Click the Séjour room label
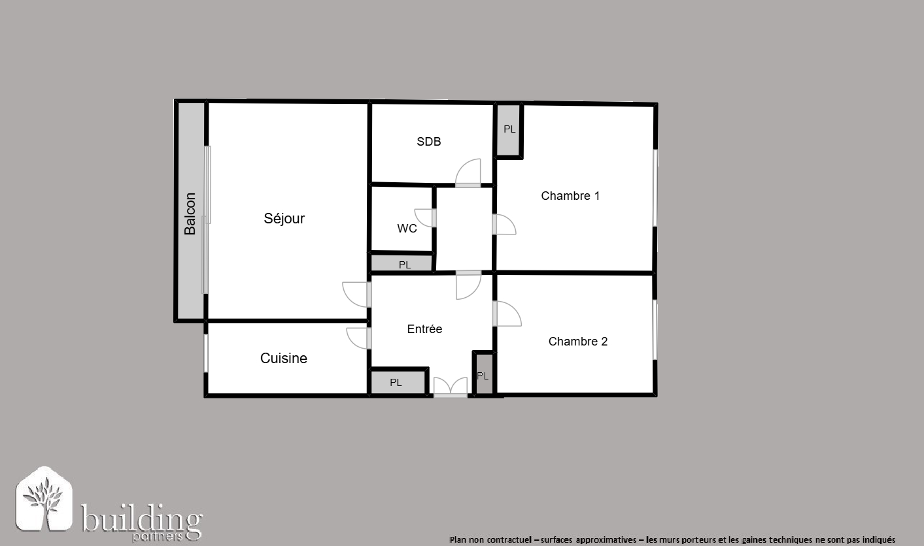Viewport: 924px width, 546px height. click(x=284, y=218)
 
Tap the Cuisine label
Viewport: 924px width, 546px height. click(x=284, y=358)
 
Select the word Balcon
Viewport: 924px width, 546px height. click(x=190, y=214)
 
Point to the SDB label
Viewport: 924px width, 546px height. click(x=429, y=142)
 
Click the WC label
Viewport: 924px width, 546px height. click(x=407, y=229)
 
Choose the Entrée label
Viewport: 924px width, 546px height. click(x=424, y=329)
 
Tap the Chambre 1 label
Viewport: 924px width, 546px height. click(x=570, y=196)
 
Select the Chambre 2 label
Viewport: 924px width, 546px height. click(x=578, y=341)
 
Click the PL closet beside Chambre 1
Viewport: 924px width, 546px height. click(x=509, y=130)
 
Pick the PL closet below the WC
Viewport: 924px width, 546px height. click(x=402, y=264)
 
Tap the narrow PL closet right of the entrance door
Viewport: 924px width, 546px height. click(x=483, y=375)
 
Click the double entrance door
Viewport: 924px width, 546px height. click(x=451, y=387)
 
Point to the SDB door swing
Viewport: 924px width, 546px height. click(x=468, y=172)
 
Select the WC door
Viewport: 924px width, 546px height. click(x=425, y=217)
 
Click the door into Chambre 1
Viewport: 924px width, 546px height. click(x=504, y=225)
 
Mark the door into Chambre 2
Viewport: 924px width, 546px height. click(x=507, y=314)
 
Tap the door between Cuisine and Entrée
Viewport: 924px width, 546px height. click(x=358, y=338)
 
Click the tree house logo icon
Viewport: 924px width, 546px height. click(x=44, y=498)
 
